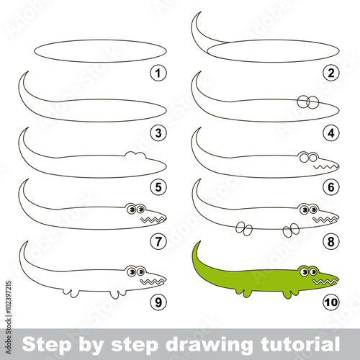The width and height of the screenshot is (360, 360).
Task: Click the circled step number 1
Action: (x=158, y=73)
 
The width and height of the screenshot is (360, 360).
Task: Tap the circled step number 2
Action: (x=331, y=73)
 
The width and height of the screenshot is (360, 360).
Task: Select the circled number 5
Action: (x=158, y=187)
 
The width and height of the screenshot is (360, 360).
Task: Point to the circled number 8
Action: (x=331, y=241)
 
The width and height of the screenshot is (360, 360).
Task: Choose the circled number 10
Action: (x=331, y=302)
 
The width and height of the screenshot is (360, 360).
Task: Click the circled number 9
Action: (x=158, y=302)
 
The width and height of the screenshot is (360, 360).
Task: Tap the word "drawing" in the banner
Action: (x=209, y=345)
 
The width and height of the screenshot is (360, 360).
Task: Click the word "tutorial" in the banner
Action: (x=300, y=344)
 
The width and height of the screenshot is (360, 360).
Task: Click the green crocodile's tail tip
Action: (x=200, y=242)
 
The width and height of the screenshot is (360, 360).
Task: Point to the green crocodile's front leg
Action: (x=290, y=294)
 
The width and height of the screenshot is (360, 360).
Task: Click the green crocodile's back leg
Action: (x=243, y=293)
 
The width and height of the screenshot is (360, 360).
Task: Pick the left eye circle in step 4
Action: (x=303, y=102)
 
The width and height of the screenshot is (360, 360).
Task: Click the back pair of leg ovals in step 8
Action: (x=244, y=228)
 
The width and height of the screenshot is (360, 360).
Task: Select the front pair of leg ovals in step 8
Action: (x=291, y=230)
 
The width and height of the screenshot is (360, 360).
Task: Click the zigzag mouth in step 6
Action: (x=325, y=166)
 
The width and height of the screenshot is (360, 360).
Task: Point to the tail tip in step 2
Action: (x=201, y=12)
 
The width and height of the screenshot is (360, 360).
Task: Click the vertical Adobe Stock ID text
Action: (x=9, y=318)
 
